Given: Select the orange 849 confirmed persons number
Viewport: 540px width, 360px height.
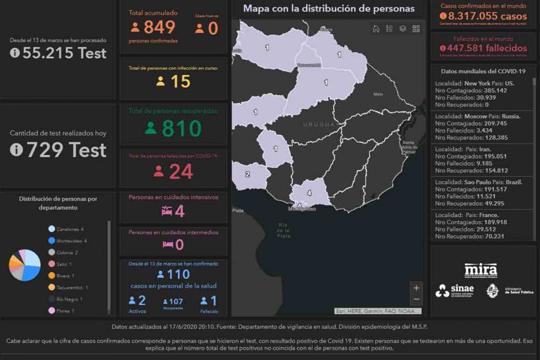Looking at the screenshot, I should point(159,27).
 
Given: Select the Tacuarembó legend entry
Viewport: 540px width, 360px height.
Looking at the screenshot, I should point(72,287).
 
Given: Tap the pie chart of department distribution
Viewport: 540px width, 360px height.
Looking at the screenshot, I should point(25,265).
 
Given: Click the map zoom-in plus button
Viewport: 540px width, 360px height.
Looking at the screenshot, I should point(416,288).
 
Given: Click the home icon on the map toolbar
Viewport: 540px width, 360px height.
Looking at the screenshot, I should point(376,29).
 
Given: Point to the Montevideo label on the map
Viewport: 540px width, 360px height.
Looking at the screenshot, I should point(302,209).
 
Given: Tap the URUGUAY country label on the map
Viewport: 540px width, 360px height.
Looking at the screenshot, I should point(319,124).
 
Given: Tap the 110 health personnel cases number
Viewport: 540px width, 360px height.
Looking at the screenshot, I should point(178,274).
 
